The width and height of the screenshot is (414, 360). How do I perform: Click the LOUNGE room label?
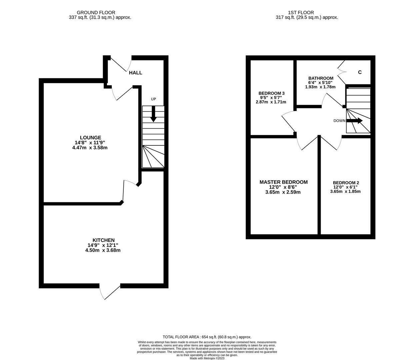coord(90,138)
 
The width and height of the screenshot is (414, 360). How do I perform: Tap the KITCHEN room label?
coord(103,240)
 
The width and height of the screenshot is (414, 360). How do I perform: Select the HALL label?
coord(135,73)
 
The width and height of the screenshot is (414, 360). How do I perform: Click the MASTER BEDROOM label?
coord(283,182)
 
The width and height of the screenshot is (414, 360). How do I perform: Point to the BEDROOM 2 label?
coord(346,183)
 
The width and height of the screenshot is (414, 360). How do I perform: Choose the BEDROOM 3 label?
coord(271,93)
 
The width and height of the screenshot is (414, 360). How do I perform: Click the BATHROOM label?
coord(321,78)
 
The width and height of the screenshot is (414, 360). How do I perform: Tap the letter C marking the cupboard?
coord(360,72)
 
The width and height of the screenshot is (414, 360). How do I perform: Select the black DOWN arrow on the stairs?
coord(355,121)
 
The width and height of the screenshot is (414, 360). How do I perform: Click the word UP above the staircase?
coord(153,99)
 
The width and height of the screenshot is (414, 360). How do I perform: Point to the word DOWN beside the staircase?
coord(339,121)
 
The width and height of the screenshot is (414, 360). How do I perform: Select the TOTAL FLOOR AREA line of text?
coord(207,337)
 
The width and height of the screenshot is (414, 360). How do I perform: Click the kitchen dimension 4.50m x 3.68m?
coord(103,250)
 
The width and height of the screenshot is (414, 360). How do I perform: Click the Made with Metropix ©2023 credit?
coord(207,358)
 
